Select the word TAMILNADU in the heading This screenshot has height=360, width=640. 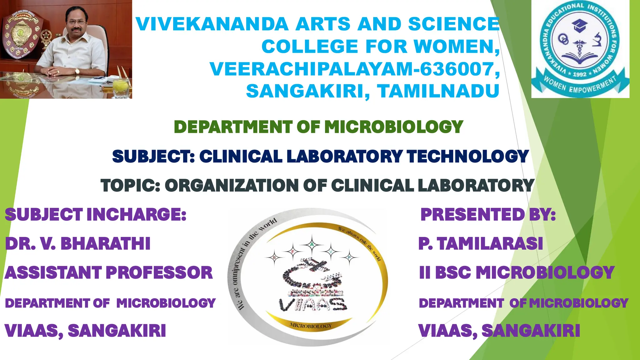[x=438, y=91]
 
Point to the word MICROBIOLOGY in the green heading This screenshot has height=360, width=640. [x=394, y=127]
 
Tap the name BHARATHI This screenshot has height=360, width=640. [x=105, y=243]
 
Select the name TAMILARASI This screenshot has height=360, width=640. [x=490, y=243]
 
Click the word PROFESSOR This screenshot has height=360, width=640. [x=159, y=272]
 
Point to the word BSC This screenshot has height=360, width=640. [x=453, y=272]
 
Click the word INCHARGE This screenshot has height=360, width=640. [x=136, y=214]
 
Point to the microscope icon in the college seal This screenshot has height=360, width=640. [x=597, y=40]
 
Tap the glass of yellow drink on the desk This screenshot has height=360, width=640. [x=121, y=87]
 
